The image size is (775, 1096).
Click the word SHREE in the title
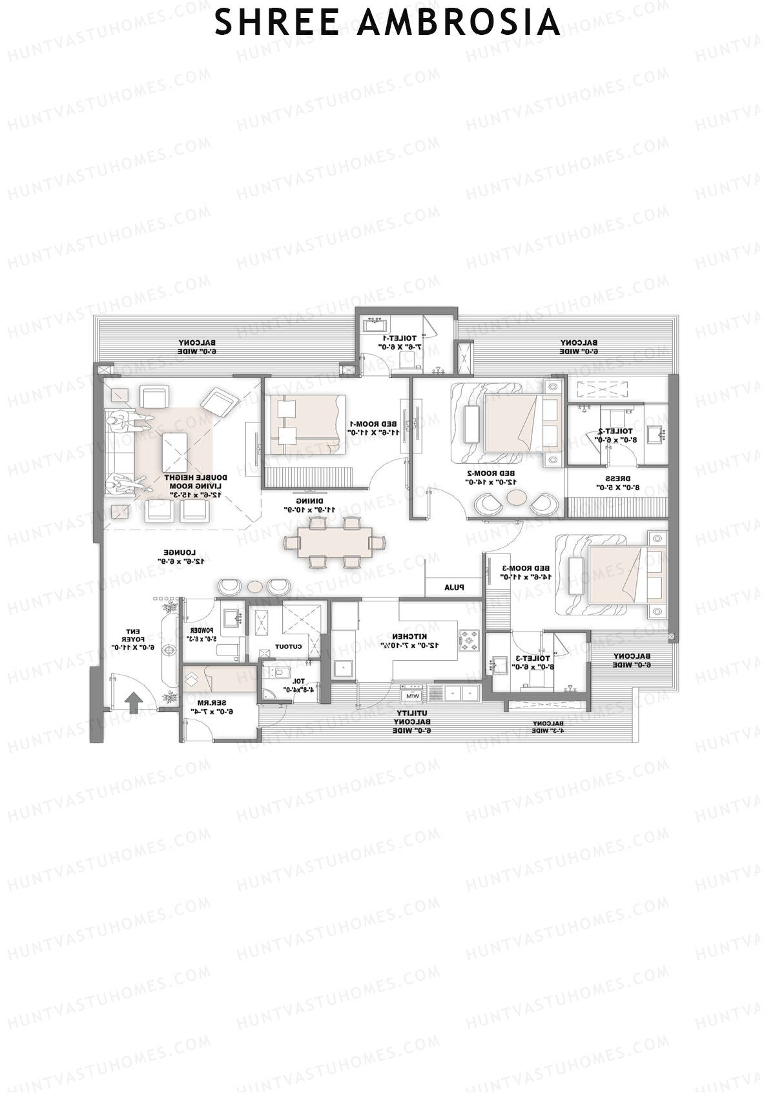pyautogui.click(x=276, y=23)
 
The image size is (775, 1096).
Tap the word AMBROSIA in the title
pyautogui.click(x=458, y=23)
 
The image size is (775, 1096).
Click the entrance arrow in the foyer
pyautogui.click(x=134, y=702)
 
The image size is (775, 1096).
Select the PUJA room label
pyautogui.click(x=454, y=588)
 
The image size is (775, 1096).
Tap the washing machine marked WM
pyautogui.click(x=411, y=695)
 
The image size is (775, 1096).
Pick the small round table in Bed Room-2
pyautogui.click(x=516, y=498)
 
